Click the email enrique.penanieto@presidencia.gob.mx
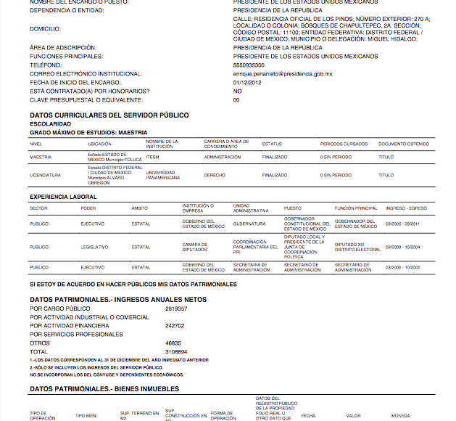pyautogui.click(x=283, y=73)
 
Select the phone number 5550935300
pyautogui.click(x=249, y=65)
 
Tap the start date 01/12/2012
pyautogui.click(x=247, y=82)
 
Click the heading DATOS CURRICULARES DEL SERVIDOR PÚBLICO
pyautogui.click(x=109, y=115)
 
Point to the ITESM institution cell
pyautogui.click(x=152, y=156)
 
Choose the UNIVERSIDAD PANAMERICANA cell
pyautogui.click(x=162, y=175)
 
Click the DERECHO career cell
pyautogui.click(x=215, y=175)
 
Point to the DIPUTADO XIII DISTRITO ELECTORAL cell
pyautogui.click(x=357, y=247)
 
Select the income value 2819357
pyautogui.click(x=176, y=308)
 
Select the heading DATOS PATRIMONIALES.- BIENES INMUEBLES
pyautogui.click(x=104, y=390)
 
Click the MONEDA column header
pyautogui.click(x=402, y=416)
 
